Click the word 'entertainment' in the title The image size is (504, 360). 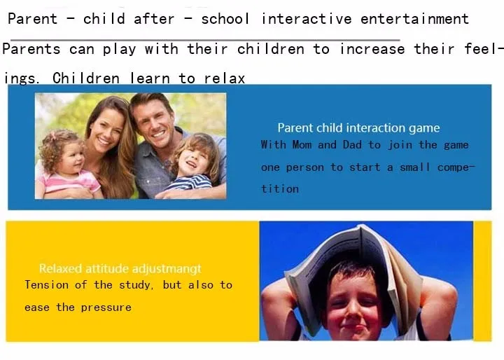pos(414,19)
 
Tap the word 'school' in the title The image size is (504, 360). pos(225,19)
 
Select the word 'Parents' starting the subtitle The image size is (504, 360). pos(31,49)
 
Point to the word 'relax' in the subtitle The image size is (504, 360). pos(225,78)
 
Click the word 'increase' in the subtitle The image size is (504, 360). pos(372,49)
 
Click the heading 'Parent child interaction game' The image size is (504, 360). pos(358,128)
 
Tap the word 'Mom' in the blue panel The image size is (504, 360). pos(302,145)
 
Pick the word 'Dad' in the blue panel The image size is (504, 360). pos(352,145)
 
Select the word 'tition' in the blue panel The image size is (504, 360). pos(279,189)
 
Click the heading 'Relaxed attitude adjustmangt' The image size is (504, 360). pos(120,269)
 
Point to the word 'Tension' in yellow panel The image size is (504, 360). pos(47,285)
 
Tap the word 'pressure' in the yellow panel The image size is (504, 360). pos(106,307)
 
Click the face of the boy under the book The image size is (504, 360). pos(353,305)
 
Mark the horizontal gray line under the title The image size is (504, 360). pos(205,40)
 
